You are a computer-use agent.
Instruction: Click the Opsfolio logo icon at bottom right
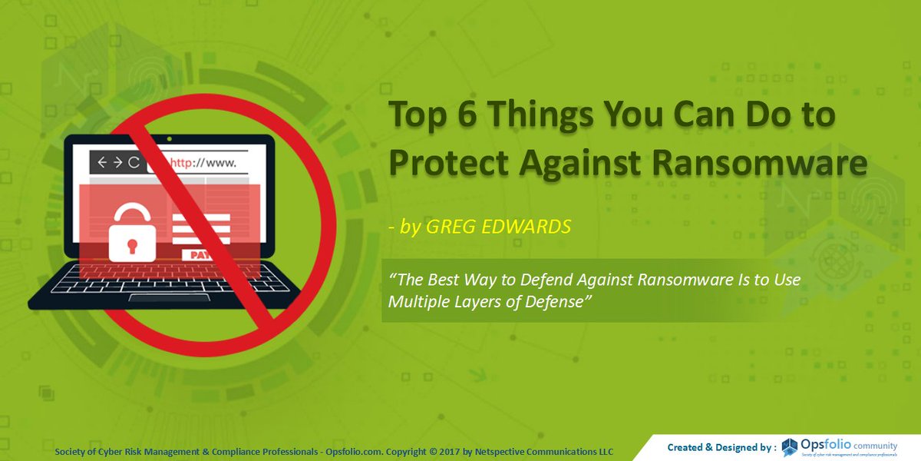coord(790,447)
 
